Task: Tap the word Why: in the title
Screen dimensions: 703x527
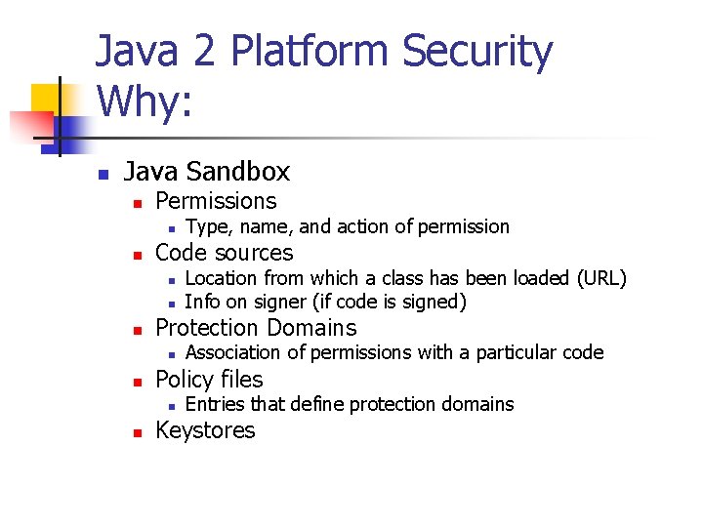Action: pyautogui.click(x=145, y=101)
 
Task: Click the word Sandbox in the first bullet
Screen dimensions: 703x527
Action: pyautogui.click(x=247, y=172)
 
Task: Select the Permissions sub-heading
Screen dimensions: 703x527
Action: pyautogui.click(x=216, y=201)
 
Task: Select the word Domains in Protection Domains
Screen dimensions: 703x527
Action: pyautogui.click(x=312, y=328)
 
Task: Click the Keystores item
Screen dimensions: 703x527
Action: pyautogui.click(x=205, y=430)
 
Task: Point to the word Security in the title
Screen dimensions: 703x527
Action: pyautogui.click(x=477, y=53)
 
